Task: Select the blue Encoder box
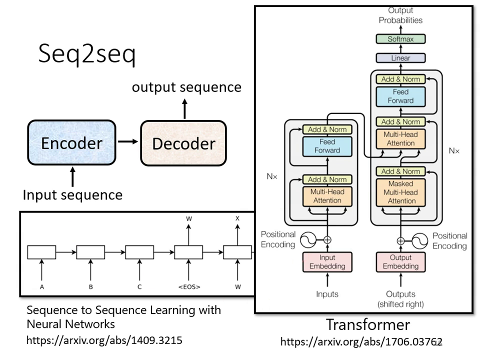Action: click(x=71, y=143)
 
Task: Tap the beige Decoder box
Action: click(x=183, y=143)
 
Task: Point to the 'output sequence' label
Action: click(x=186, y=87)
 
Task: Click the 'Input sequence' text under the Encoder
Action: click(x=72, y=194)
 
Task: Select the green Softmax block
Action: click(x=400, y=39)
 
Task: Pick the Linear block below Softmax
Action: click(x=400, y=58)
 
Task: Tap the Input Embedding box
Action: click(x=327, y=261)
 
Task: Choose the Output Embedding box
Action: click(x=400, y=261)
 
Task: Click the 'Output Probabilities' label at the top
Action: click(x=400, y=15)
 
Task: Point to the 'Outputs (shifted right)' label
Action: click(x=400, y=299)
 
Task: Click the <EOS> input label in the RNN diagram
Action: click(x=188, y=287)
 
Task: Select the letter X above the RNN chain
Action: click(x=237, y=219)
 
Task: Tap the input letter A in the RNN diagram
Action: click(x=41, y=287)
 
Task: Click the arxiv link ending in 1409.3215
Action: click(x=104, y=340)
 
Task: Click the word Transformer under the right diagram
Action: click(x=368, y=324)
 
